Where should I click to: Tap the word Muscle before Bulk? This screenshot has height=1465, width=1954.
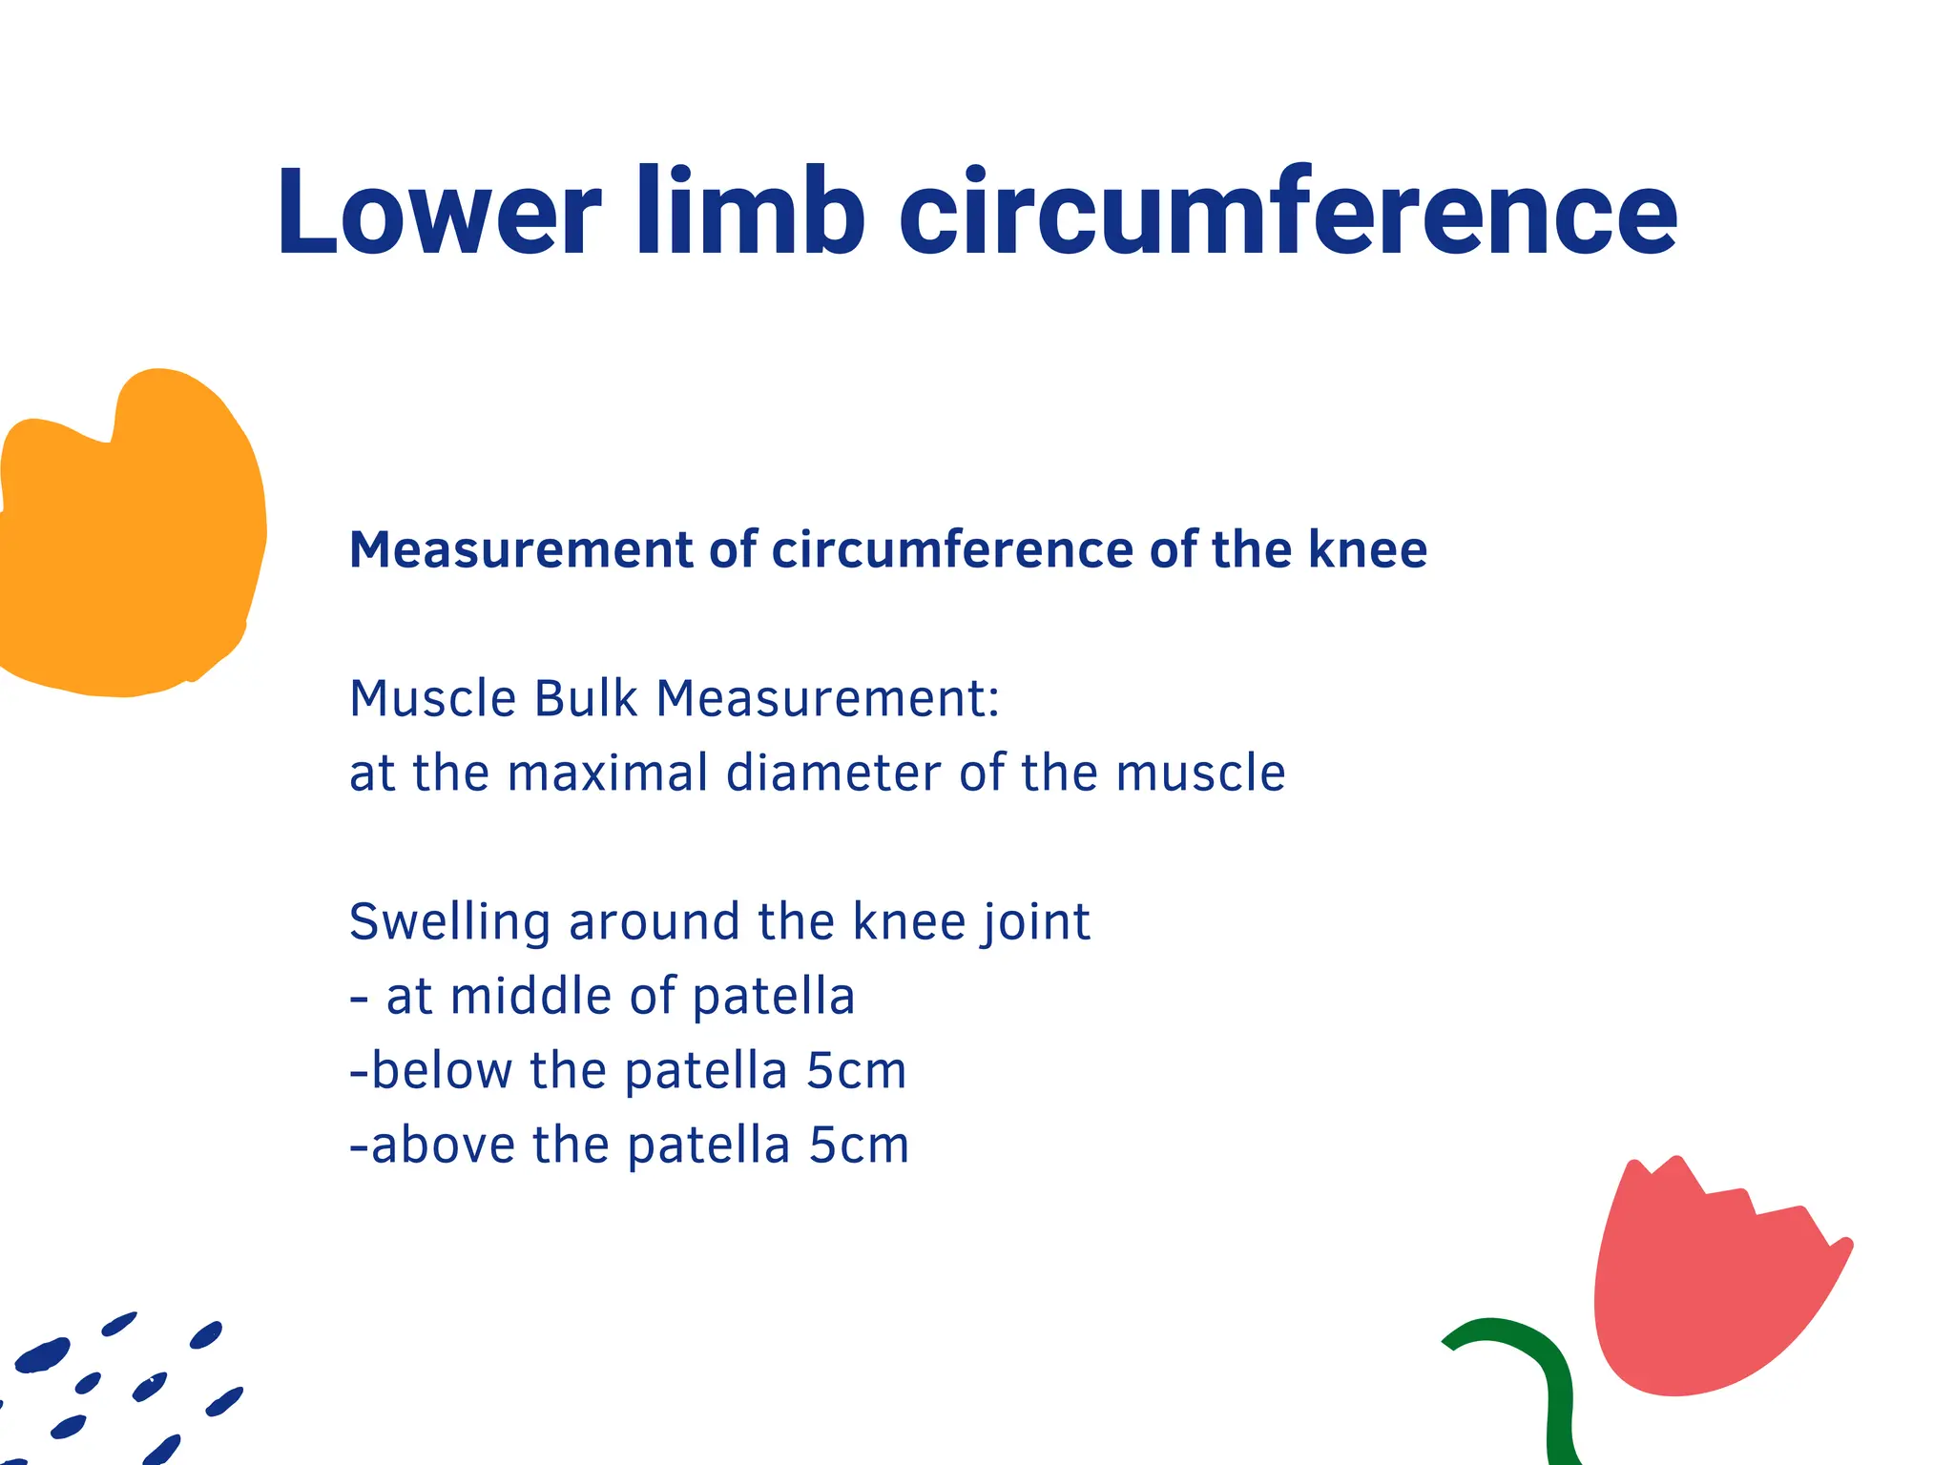point(433,698)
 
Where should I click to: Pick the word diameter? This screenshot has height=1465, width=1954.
point(834,773)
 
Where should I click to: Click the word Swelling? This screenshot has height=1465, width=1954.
point(450,923)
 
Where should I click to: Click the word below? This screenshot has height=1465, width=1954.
point(442,1071)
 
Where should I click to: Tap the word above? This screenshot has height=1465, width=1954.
point(444,1145)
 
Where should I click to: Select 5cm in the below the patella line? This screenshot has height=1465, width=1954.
point(856,1071)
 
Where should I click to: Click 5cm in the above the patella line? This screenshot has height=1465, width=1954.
point(859,1145)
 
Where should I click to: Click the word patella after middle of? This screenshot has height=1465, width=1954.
point(773,997)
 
